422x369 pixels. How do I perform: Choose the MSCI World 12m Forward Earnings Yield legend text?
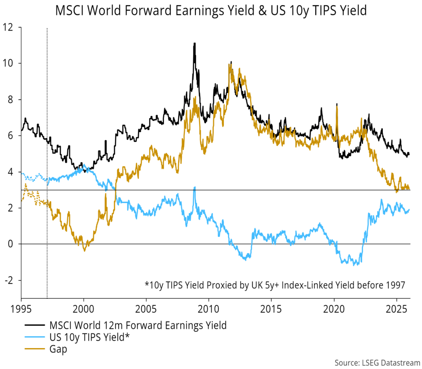pyautogui.click(x=137, y=326)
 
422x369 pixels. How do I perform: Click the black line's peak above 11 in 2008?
pyautogui.click(x=194, y=43)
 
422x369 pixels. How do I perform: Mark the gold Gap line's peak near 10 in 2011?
pyautogui.click(x=230, y=64)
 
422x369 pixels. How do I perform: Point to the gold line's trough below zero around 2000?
pyautogui.click(x=84, y=250)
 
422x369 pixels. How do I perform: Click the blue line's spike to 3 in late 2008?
pyautogui.click(x=195, y=188)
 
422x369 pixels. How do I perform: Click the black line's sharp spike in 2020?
pyautogui.click(x=337, y=104)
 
